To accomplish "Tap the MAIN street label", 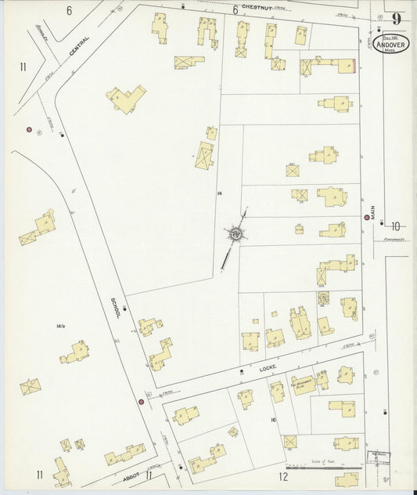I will [x=374, y=211].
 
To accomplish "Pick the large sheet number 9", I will [x=397, y=19].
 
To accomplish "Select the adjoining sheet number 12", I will [x=283, y=475].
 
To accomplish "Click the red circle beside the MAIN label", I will [x=366, y=217].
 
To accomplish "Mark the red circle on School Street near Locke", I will [x=141, y=402].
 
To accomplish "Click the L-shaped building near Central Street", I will [x=127, y=99].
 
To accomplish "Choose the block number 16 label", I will [x=273, y=421].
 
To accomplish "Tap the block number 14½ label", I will [x=60, y=325].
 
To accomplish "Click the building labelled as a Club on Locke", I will [x=303, y=385].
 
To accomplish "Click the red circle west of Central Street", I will [x=29, y=129].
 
